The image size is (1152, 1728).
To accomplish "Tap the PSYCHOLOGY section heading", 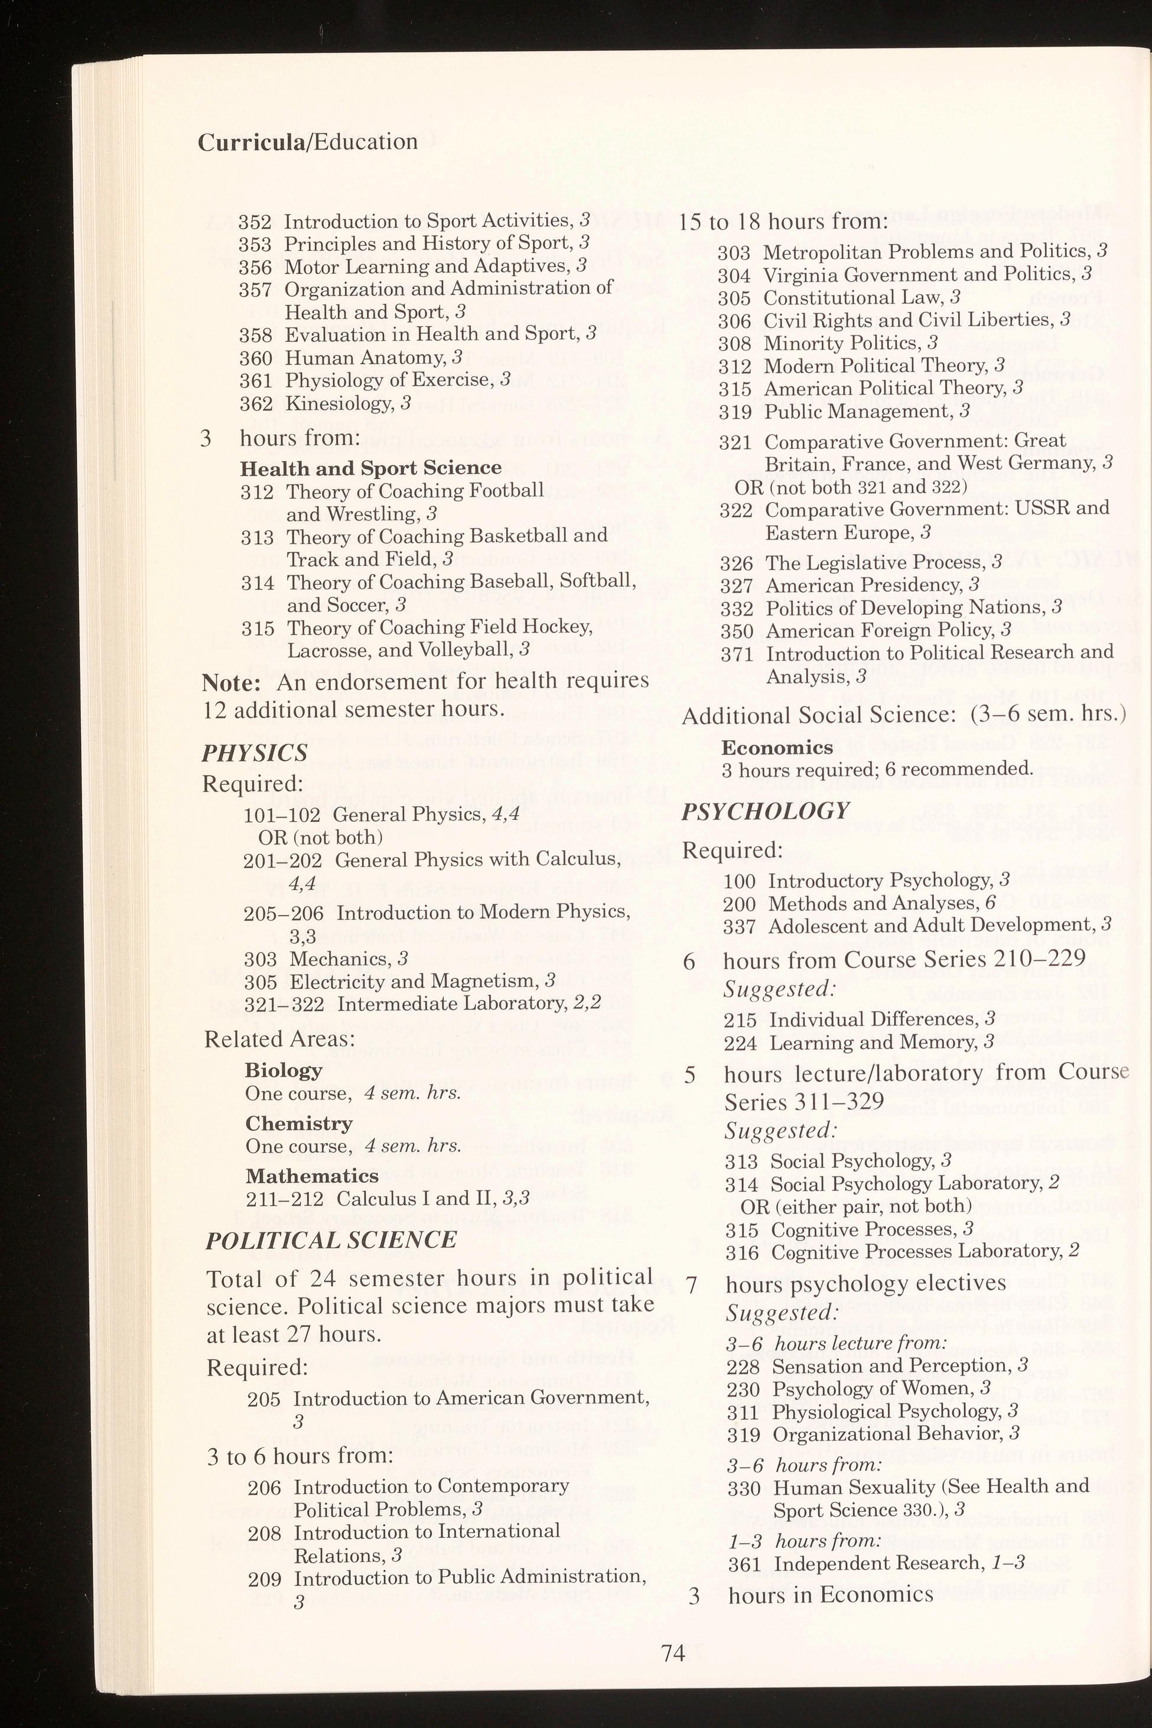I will [765, 811].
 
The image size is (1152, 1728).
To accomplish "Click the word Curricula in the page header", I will [250, 142].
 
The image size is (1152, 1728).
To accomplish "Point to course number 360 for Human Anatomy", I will [256, 359].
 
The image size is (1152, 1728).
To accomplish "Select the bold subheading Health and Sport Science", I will [371, 468].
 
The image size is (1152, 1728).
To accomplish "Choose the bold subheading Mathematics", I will [313, 1176].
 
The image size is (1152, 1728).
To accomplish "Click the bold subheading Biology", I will [284, 1070].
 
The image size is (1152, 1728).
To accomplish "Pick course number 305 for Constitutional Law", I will [735, 298].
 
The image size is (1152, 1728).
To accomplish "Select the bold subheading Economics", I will [777, 747].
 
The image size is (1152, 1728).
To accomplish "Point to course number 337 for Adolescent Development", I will [739, 926].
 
